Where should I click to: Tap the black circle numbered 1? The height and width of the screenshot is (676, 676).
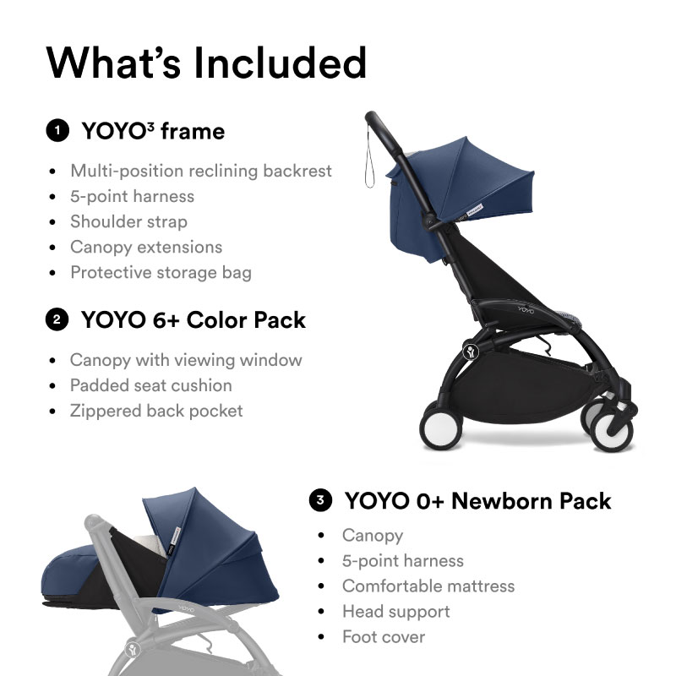[57, 131]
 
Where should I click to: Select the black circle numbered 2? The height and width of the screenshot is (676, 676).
[57, 320]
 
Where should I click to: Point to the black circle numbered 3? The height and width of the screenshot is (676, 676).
[319, 500]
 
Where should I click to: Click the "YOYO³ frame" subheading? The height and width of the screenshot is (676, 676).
[153, 131]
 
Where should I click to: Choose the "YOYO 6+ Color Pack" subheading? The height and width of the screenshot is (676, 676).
[193, 320]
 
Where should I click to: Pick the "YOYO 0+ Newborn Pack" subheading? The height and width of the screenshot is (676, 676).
[477, 500]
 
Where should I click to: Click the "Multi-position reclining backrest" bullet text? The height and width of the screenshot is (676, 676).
[201, 171]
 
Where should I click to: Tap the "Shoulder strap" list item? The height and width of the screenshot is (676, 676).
[128, 221]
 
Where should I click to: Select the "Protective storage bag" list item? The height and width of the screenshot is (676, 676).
[161, 272]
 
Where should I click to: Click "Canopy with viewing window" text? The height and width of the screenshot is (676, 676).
[186, 360]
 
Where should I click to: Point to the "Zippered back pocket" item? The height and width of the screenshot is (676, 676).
[156, 411]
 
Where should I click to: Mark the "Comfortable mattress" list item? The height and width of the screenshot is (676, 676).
[428, 586]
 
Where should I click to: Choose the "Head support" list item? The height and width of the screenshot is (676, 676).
[395, 611]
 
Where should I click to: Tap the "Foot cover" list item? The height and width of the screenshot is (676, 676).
[383, 636]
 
